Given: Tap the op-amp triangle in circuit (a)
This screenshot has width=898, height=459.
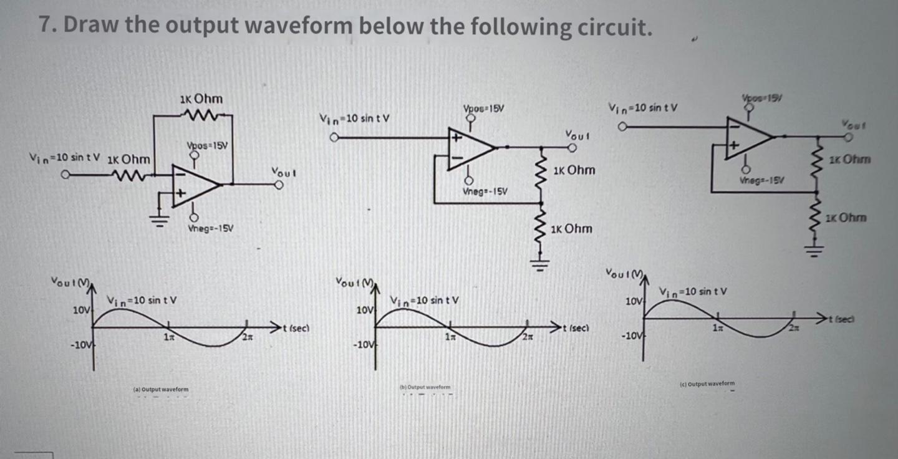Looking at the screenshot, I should tap(193, 184).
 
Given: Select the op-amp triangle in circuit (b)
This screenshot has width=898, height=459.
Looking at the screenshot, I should tap(469, 147).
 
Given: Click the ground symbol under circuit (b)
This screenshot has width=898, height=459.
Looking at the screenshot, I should tap(540, 262).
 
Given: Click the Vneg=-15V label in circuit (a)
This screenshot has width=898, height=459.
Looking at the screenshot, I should tap(210, 229).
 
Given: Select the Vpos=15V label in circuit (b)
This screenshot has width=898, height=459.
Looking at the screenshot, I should tap(484, 109).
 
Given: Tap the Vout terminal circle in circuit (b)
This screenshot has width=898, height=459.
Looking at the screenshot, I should tap(571, 148).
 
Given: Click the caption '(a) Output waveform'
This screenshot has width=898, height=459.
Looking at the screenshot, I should tap(160, 390).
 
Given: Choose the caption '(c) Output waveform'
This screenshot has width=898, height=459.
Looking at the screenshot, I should tap(707, 384).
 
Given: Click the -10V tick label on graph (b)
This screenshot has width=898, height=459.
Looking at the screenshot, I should tap(362, 345).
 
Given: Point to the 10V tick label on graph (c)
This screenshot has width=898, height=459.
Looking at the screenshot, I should tap(632, 301).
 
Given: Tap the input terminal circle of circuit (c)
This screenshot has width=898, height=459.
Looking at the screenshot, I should tap(621, 127).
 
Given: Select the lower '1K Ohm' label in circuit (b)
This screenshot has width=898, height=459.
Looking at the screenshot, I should tap(572, 229).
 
